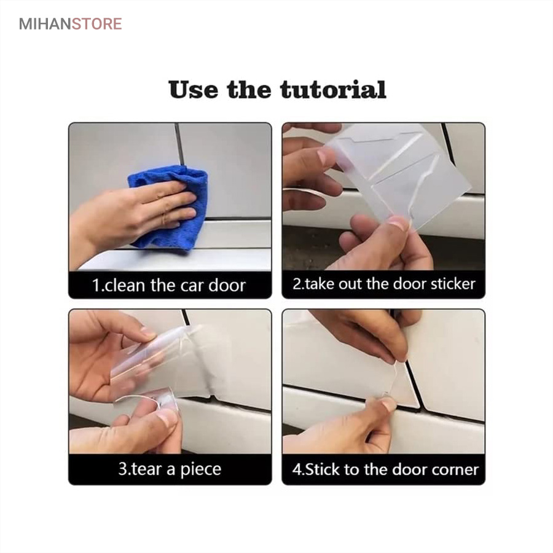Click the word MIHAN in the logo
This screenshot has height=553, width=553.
[45, 24]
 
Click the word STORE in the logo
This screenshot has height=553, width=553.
[97, 24]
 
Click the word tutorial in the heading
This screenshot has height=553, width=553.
[333, 90]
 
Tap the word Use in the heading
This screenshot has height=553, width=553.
[194, 90]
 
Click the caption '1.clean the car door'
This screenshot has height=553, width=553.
[169, 285]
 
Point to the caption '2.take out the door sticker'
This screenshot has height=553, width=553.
[383, 284]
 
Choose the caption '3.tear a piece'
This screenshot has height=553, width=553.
[170, 469]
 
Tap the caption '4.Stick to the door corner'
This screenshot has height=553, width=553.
[385, 469]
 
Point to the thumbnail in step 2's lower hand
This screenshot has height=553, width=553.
[398, 222]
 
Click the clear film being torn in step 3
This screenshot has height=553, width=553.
[170, 367]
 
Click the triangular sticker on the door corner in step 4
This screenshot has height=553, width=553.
[402, 388]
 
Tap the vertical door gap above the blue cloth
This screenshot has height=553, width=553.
[179, 144]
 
